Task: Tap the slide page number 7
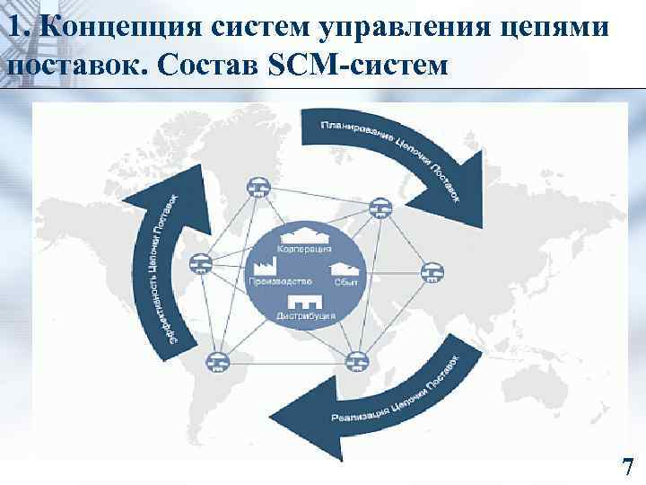point(627,467)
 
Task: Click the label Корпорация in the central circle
point(304,248)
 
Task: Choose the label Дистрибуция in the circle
point(306,315)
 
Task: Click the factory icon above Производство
point(267,266)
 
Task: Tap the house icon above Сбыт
point(345,267)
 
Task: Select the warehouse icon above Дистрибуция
point(305,298)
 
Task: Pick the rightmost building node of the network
point(434,270)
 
